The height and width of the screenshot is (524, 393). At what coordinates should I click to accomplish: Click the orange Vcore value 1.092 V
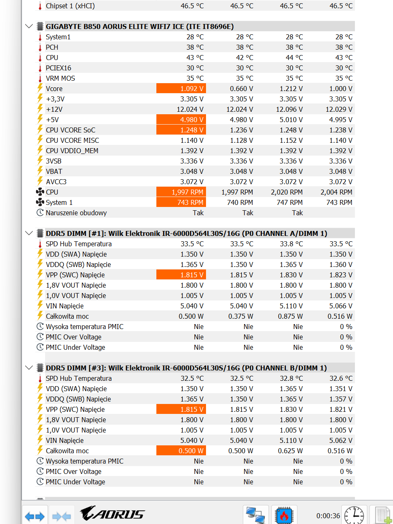coord(181,89)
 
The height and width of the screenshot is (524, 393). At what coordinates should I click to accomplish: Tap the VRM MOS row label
coord(60,78)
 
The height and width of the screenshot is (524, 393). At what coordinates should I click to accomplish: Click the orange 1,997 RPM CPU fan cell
coord(181,192)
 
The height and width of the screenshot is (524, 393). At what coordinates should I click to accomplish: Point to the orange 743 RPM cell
coord(181,202)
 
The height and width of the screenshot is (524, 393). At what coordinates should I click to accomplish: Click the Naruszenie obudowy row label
coord(76,213)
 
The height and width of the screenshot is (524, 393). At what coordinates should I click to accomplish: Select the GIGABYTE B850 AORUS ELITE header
coord(140,26)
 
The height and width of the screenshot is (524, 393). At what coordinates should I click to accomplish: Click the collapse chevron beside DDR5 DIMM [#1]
coord(29,233)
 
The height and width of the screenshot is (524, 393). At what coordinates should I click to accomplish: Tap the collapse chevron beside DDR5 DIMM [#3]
coord(29,368)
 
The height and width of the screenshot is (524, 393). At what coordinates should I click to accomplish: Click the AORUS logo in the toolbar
coord(112,514)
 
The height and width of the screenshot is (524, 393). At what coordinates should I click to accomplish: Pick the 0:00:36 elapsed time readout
coord(328,516)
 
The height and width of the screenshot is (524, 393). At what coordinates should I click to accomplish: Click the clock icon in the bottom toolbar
coord(354,515)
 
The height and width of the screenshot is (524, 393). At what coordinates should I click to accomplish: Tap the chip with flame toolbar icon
coord(284,515)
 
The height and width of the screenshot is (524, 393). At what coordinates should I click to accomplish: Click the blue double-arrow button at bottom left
coord(35,516)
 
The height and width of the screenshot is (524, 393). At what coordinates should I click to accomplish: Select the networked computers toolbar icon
coord(256,515)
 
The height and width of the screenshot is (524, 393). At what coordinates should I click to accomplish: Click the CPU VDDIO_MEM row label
coord(72,151)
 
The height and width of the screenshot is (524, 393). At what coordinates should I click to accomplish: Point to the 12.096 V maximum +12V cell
coord(289,109)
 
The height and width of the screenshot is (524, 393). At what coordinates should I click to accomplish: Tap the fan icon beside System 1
coord(40,202)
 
